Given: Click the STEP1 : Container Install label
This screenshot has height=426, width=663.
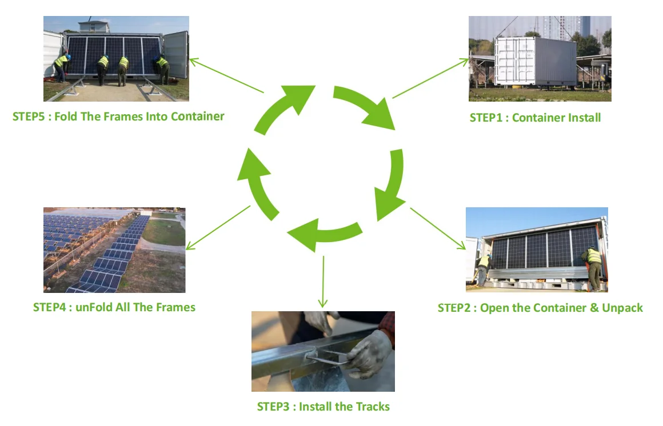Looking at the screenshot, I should coord(535,118).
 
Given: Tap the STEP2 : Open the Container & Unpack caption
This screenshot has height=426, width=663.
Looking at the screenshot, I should coord(540,308).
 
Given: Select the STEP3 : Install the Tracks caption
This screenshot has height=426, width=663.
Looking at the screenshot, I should coord(323,407).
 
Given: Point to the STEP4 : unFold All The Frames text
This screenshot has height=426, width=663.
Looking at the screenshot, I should coord(114,307).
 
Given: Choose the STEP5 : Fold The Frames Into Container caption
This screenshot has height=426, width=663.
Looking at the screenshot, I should coord(118,116).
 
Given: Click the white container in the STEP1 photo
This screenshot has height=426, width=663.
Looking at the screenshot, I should coord(535,62).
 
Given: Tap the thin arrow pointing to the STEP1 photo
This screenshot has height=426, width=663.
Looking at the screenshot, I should coord(430,78).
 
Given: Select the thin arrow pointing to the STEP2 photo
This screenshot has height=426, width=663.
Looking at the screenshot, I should coord(438,228).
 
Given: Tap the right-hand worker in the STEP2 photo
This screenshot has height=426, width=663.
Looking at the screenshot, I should coord(593,266).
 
